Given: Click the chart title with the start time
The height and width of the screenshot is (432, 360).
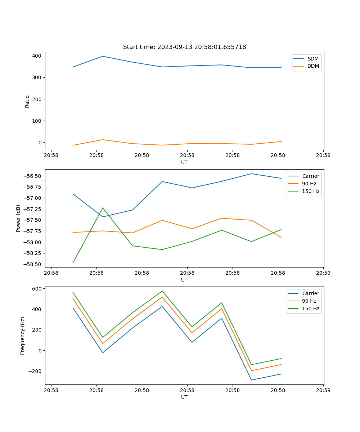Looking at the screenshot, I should [x=184, y=47].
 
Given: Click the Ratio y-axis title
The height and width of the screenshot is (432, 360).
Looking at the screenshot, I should [x=27, y=101].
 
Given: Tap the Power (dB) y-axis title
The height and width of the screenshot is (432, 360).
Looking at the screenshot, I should [x=18, y=218].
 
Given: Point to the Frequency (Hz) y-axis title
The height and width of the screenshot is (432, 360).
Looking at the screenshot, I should [x=23, y=336].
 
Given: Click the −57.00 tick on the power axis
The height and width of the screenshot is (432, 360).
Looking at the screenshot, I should [x=32, y=198].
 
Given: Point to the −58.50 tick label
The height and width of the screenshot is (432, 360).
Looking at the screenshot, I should [x=32, y=264].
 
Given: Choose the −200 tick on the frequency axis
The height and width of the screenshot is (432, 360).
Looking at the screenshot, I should [x=35, y=371].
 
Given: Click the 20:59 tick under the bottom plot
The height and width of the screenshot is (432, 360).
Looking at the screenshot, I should [x=323, y=390].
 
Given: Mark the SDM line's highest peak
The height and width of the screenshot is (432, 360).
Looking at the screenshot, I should [x=103, y=56].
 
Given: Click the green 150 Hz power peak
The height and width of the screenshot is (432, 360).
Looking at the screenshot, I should [x=103, y=208].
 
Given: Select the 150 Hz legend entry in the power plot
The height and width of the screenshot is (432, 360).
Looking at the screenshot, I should [x=310, y=191].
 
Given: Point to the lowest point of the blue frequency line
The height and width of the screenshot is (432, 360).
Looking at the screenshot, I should [x=251, y=380].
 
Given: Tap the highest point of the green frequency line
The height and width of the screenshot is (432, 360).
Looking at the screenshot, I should [x=162, y=291].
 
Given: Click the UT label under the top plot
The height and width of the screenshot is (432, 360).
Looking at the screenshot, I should [x=184, y=162].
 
